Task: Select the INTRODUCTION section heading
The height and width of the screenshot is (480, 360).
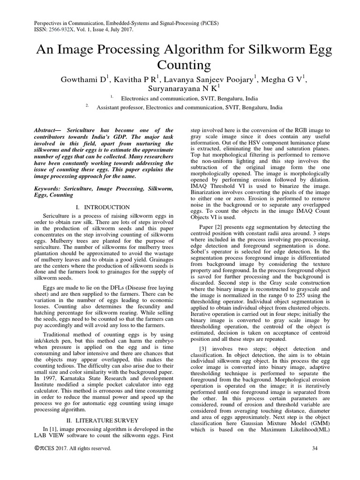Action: [x=107, y=207]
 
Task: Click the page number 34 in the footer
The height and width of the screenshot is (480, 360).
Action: [x=315, y=449]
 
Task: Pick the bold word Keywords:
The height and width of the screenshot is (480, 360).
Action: [x=49, y=188]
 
